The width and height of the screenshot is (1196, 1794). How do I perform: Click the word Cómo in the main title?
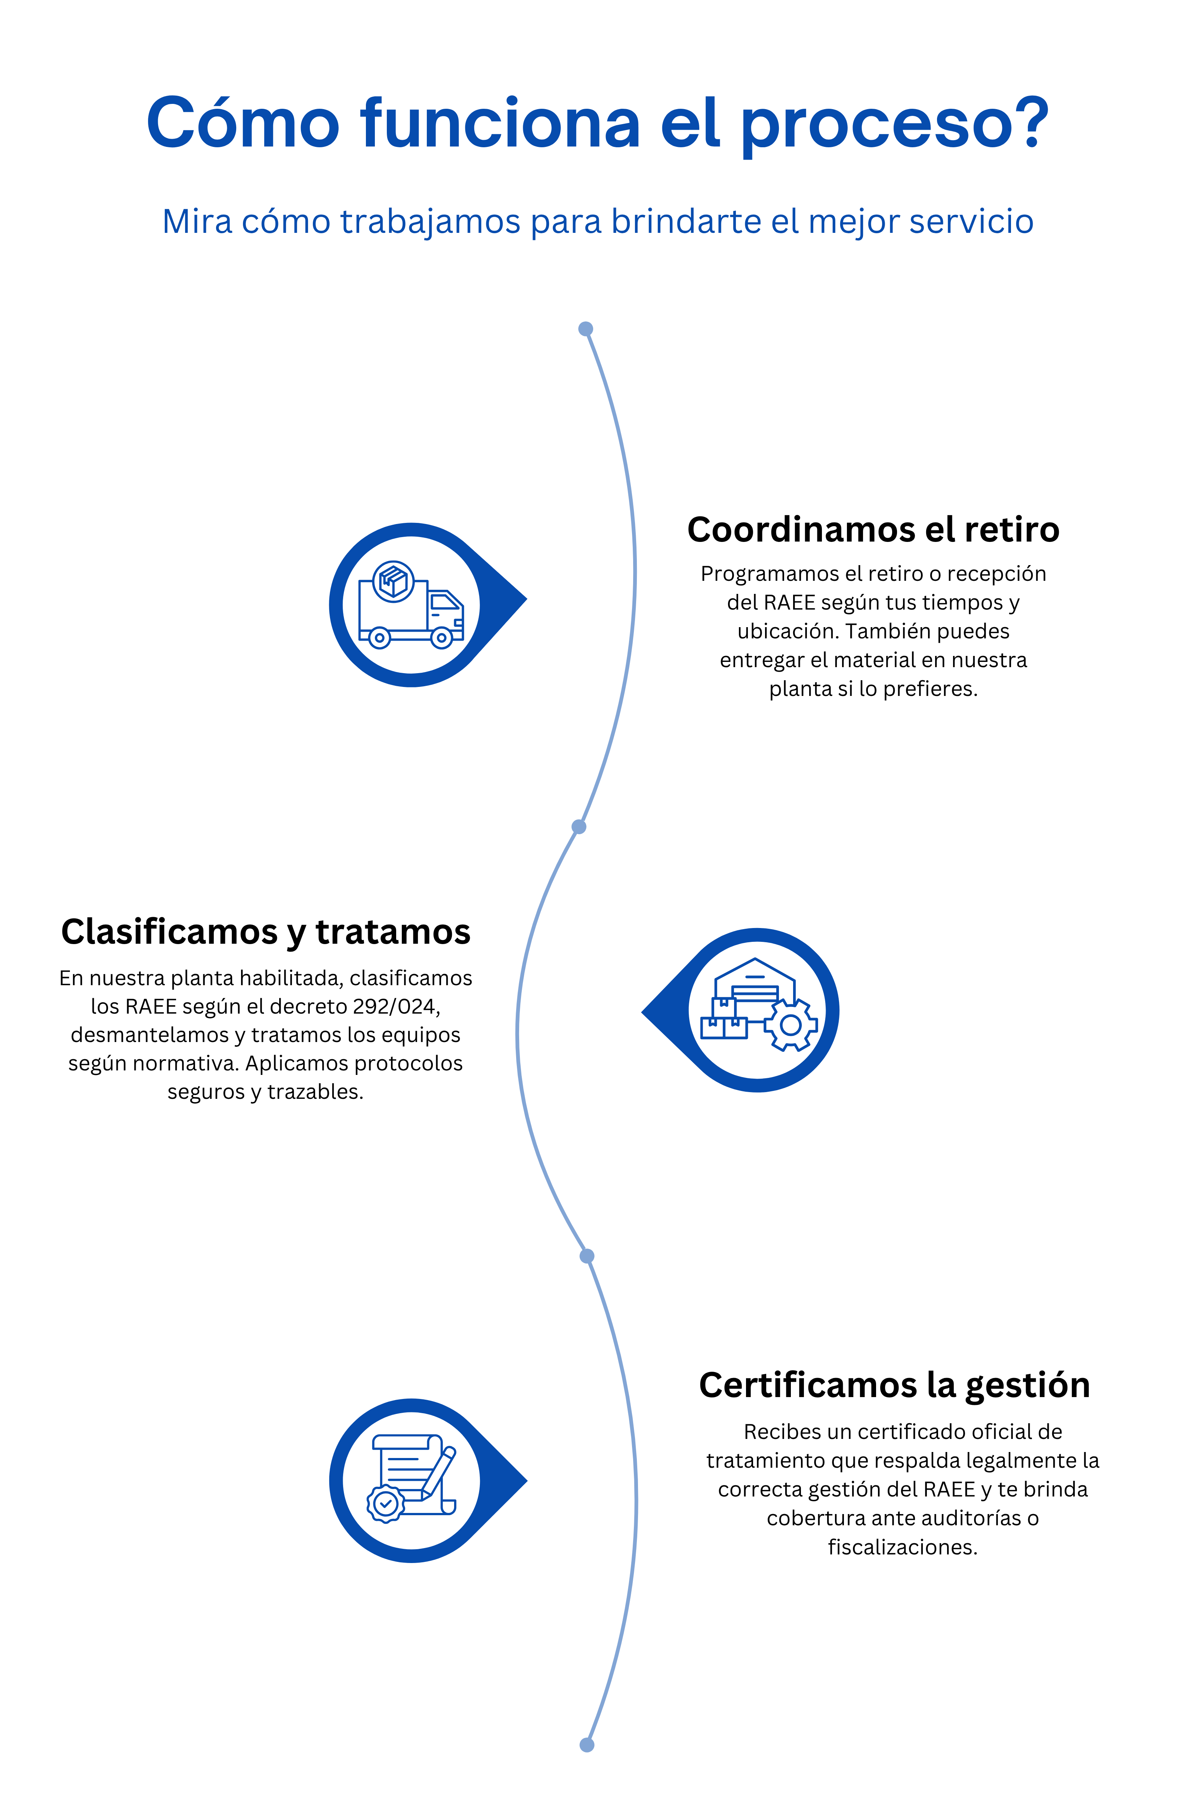(243, 124)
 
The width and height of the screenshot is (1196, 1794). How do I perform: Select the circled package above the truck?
(394, 582)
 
